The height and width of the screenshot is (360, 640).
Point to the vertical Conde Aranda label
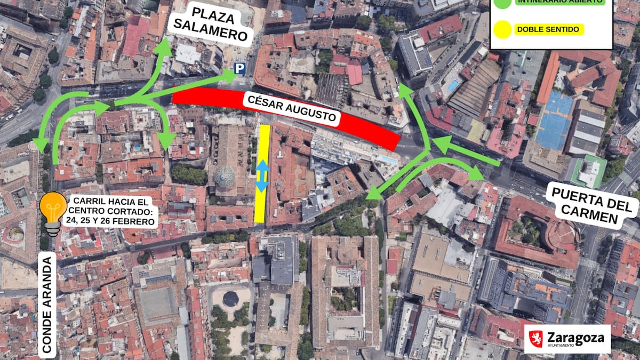click(x=47, y=304)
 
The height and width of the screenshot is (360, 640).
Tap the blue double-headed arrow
click(x=261, y=175)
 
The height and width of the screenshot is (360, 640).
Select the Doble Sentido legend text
click(x=549, y=30)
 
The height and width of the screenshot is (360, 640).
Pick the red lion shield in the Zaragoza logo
click(x=536, y=339)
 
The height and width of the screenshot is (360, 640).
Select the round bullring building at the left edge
click(x=13, y=234)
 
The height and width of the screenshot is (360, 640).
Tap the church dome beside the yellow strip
click(x=225, y=177)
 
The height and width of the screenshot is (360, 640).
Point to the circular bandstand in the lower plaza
click(x=230, y=299)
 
